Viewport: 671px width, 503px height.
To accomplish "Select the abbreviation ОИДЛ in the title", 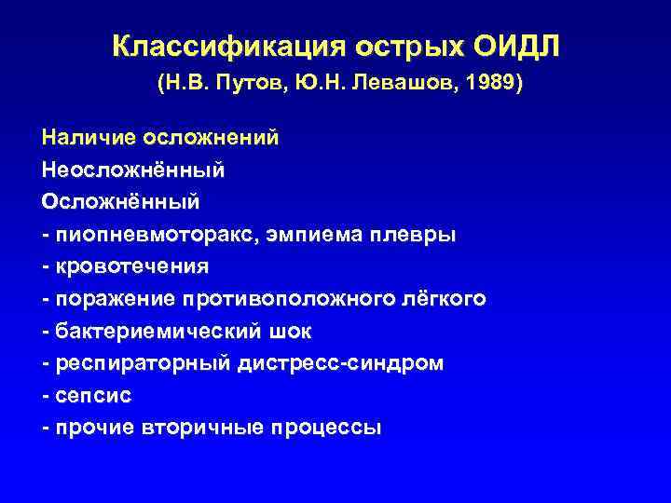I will pyautogui.click(x=526, y=47).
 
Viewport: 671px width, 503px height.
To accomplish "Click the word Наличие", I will pyautogui.click(x=89, y=138).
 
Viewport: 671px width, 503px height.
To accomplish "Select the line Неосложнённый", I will pyautogui.click(x=133, y=170).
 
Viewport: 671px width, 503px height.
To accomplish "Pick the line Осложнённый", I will pyautogui.click(x=120, y=201).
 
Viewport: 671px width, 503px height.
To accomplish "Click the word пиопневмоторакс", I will pyautogui.click(x=147, y=234).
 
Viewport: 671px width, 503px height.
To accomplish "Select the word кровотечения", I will pyautogui.click(x=132, y=265).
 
